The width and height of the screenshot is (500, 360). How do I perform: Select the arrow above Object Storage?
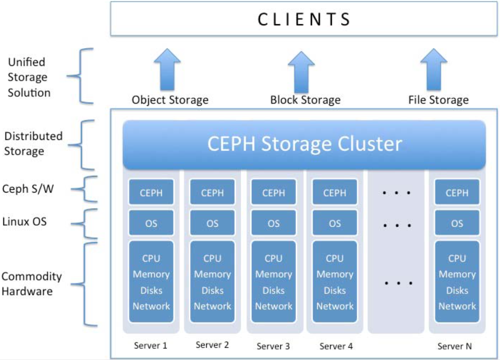click(167, 69)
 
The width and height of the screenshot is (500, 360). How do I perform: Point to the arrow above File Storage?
click(433, 69)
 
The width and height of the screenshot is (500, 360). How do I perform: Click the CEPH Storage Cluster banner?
click(304, 144)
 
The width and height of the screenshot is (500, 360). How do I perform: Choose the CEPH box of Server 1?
click(151, 192)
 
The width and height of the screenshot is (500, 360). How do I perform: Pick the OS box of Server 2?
click(212, 223)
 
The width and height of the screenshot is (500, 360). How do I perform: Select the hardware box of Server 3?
click(274, 282)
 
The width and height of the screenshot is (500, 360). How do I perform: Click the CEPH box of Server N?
click(457, 192)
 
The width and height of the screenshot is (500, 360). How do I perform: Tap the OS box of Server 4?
click(335, 223)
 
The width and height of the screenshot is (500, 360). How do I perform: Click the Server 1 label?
click(151, 345)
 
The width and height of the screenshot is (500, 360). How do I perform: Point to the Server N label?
click(455, 346)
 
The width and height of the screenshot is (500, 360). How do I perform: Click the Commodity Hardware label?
click(31, 284)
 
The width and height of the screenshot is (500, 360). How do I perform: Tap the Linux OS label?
click(24, 222)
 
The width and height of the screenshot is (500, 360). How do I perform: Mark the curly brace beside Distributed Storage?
click(84, 144)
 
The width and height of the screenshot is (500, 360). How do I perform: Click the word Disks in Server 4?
click(335, 290)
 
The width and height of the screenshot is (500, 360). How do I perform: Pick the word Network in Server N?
click(457, 306)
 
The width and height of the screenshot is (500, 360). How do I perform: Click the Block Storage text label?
click(305, 100)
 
